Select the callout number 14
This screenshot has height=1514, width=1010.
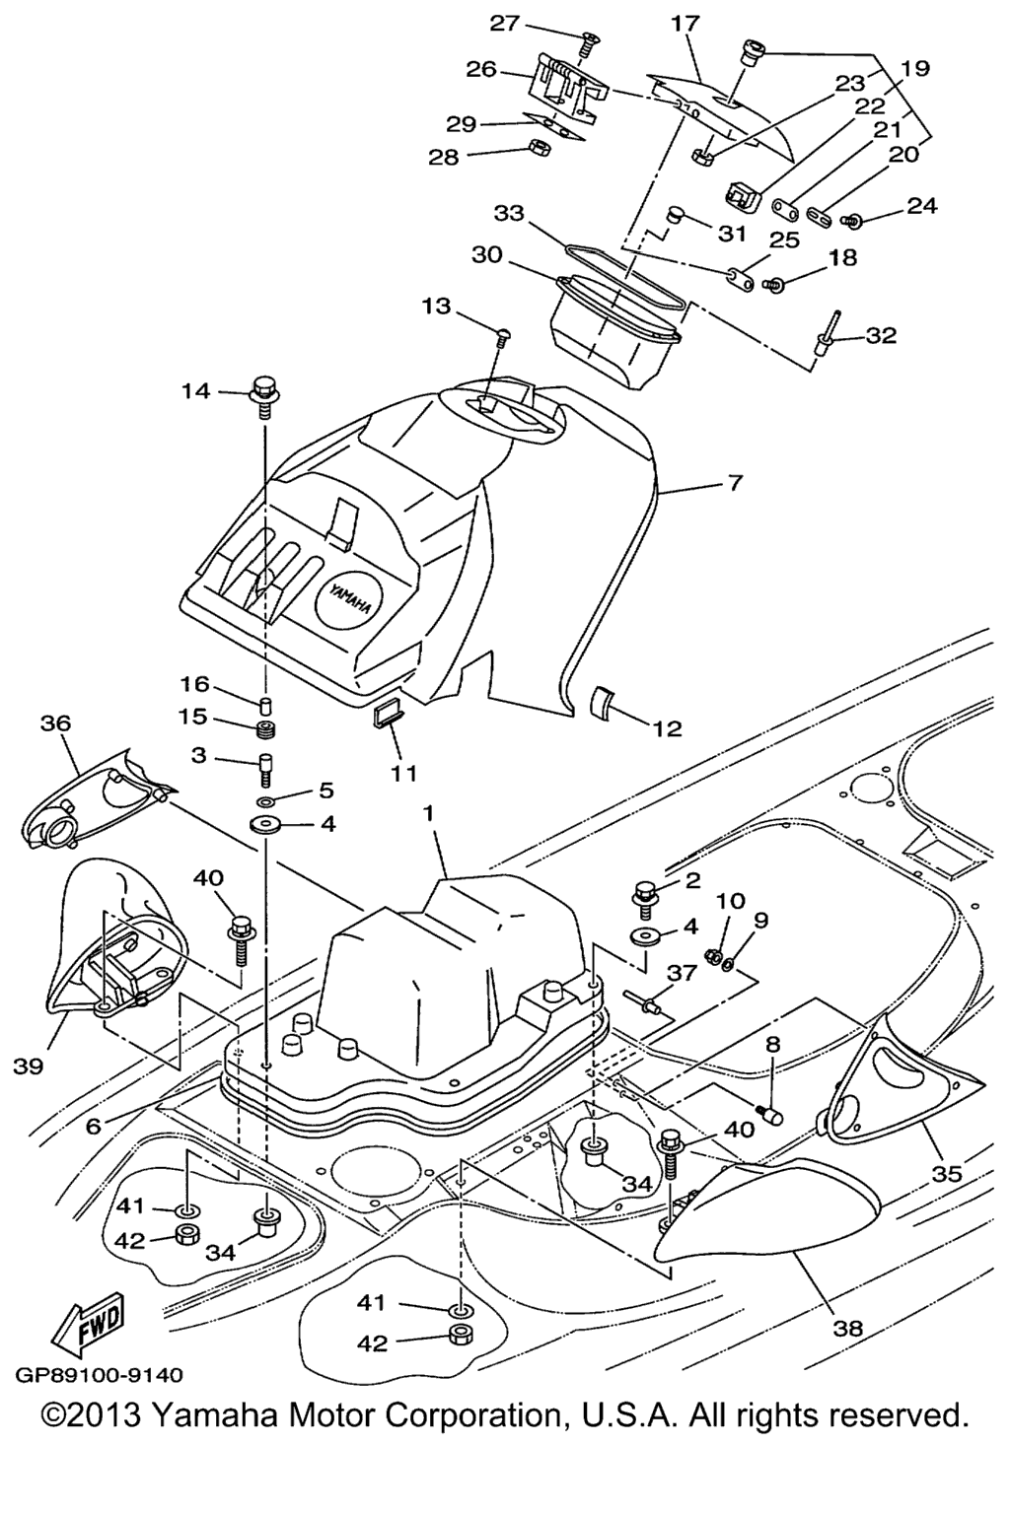[195, 391]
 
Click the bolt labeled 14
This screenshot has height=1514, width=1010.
[264, 390]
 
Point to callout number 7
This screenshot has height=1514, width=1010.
[736, 484]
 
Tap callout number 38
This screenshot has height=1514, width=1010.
[847, 1328]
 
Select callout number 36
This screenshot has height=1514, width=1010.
[55, 723]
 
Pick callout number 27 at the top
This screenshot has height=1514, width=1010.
[504, 23]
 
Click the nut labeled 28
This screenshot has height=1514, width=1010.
[539, 148]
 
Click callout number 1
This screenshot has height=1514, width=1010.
[429, 813]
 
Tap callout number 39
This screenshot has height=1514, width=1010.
[30, 1067]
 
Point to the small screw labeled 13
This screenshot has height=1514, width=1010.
[503, 338]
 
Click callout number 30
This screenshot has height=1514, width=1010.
[487, 254]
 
